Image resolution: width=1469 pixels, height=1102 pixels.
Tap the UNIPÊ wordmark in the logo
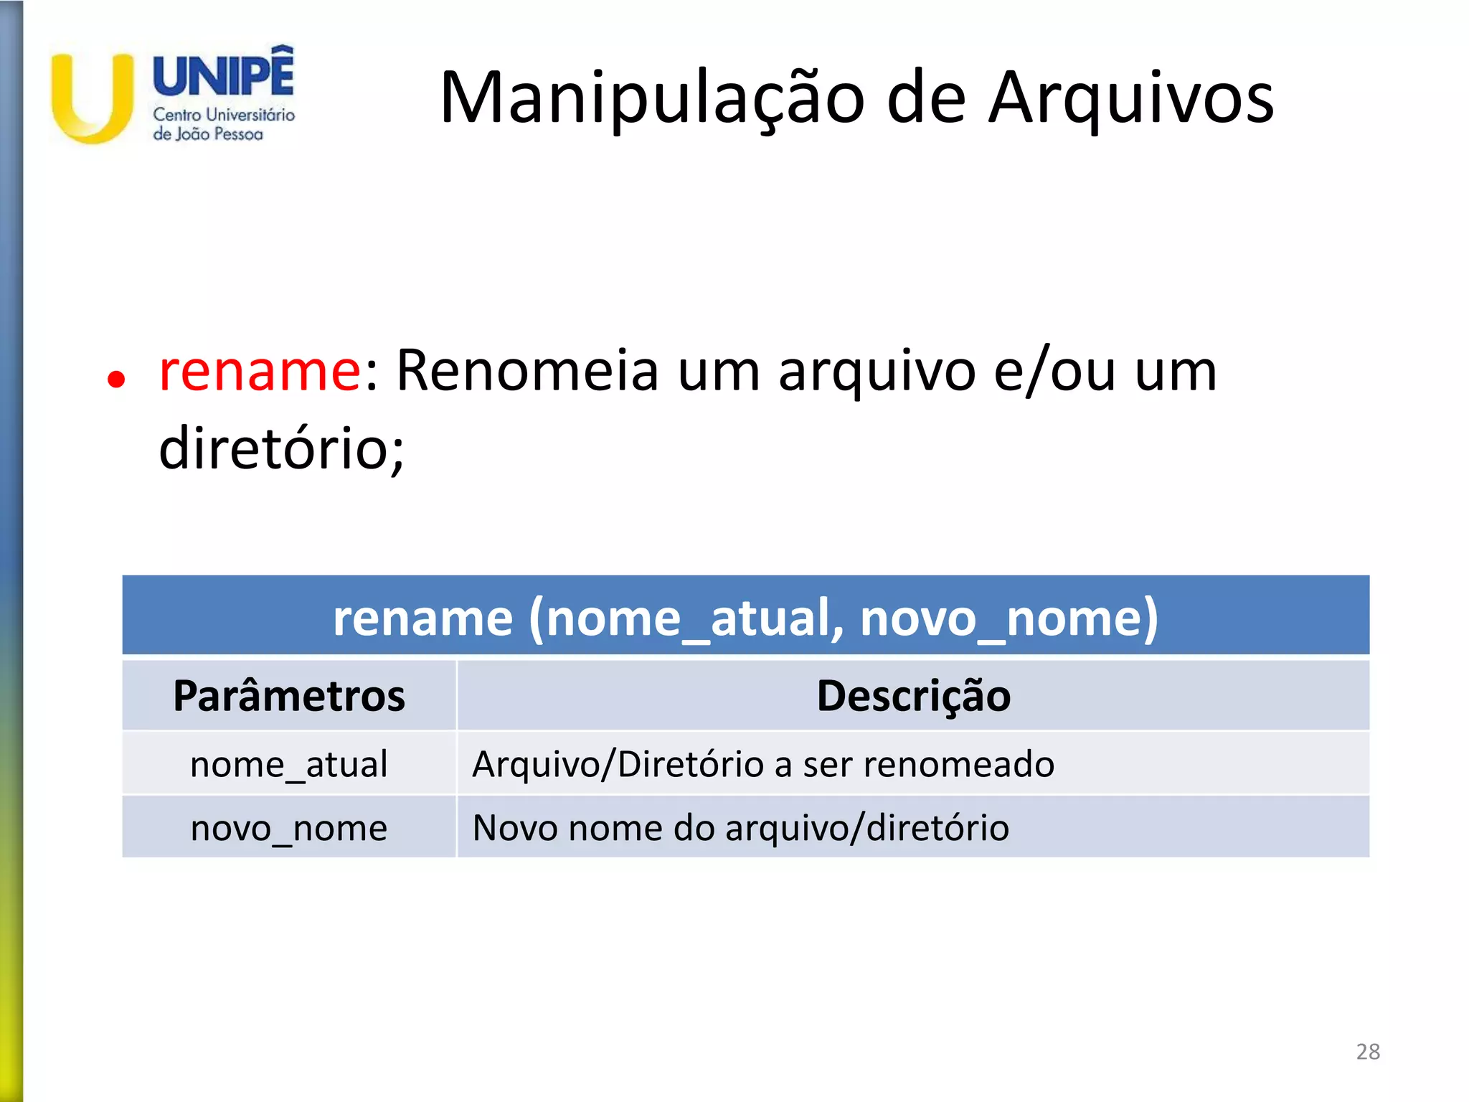tap(223, 74)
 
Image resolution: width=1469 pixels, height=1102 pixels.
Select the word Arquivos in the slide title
tap(1131, 98)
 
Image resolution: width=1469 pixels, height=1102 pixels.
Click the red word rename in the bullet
tap(260, 371)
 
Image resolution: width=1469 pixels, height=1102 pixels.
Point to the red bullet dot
tap(116, 379)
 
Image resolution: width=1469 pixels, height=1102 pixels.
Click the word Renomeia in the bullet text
tap(527, 371)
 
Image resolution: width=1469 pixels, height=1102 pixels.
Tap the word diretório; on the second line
tap(281, 449)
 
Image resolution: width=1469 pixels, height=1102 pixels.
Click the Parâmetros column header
tap(289, 696)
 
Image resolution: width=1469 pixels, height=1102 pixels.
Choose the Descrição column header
tap(913, 696)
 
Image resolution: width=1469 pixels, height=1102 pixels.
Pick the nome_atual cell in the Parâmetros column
tap(289, 764)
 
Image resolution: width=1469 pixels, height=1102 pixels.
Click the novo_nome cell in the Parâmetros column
tap(289, 828)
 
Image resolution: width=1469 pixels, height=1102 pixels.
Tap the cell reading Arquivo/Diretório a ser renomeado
tap(763, 764)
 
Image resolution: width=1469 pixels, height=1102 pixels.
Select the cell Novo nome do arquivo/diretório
tap(741, 828)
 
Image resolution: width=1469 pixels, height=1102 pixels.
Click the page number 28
tap(1368, 1052)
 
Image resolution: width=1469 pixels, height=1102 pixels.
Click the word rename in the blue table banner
tap(422, 618)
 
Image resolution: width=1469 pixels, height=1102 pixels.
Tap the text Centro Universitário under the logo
tap(224, 115)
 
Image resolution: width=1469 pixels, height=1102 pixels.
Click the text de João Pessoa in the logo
tap(208, 134)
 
